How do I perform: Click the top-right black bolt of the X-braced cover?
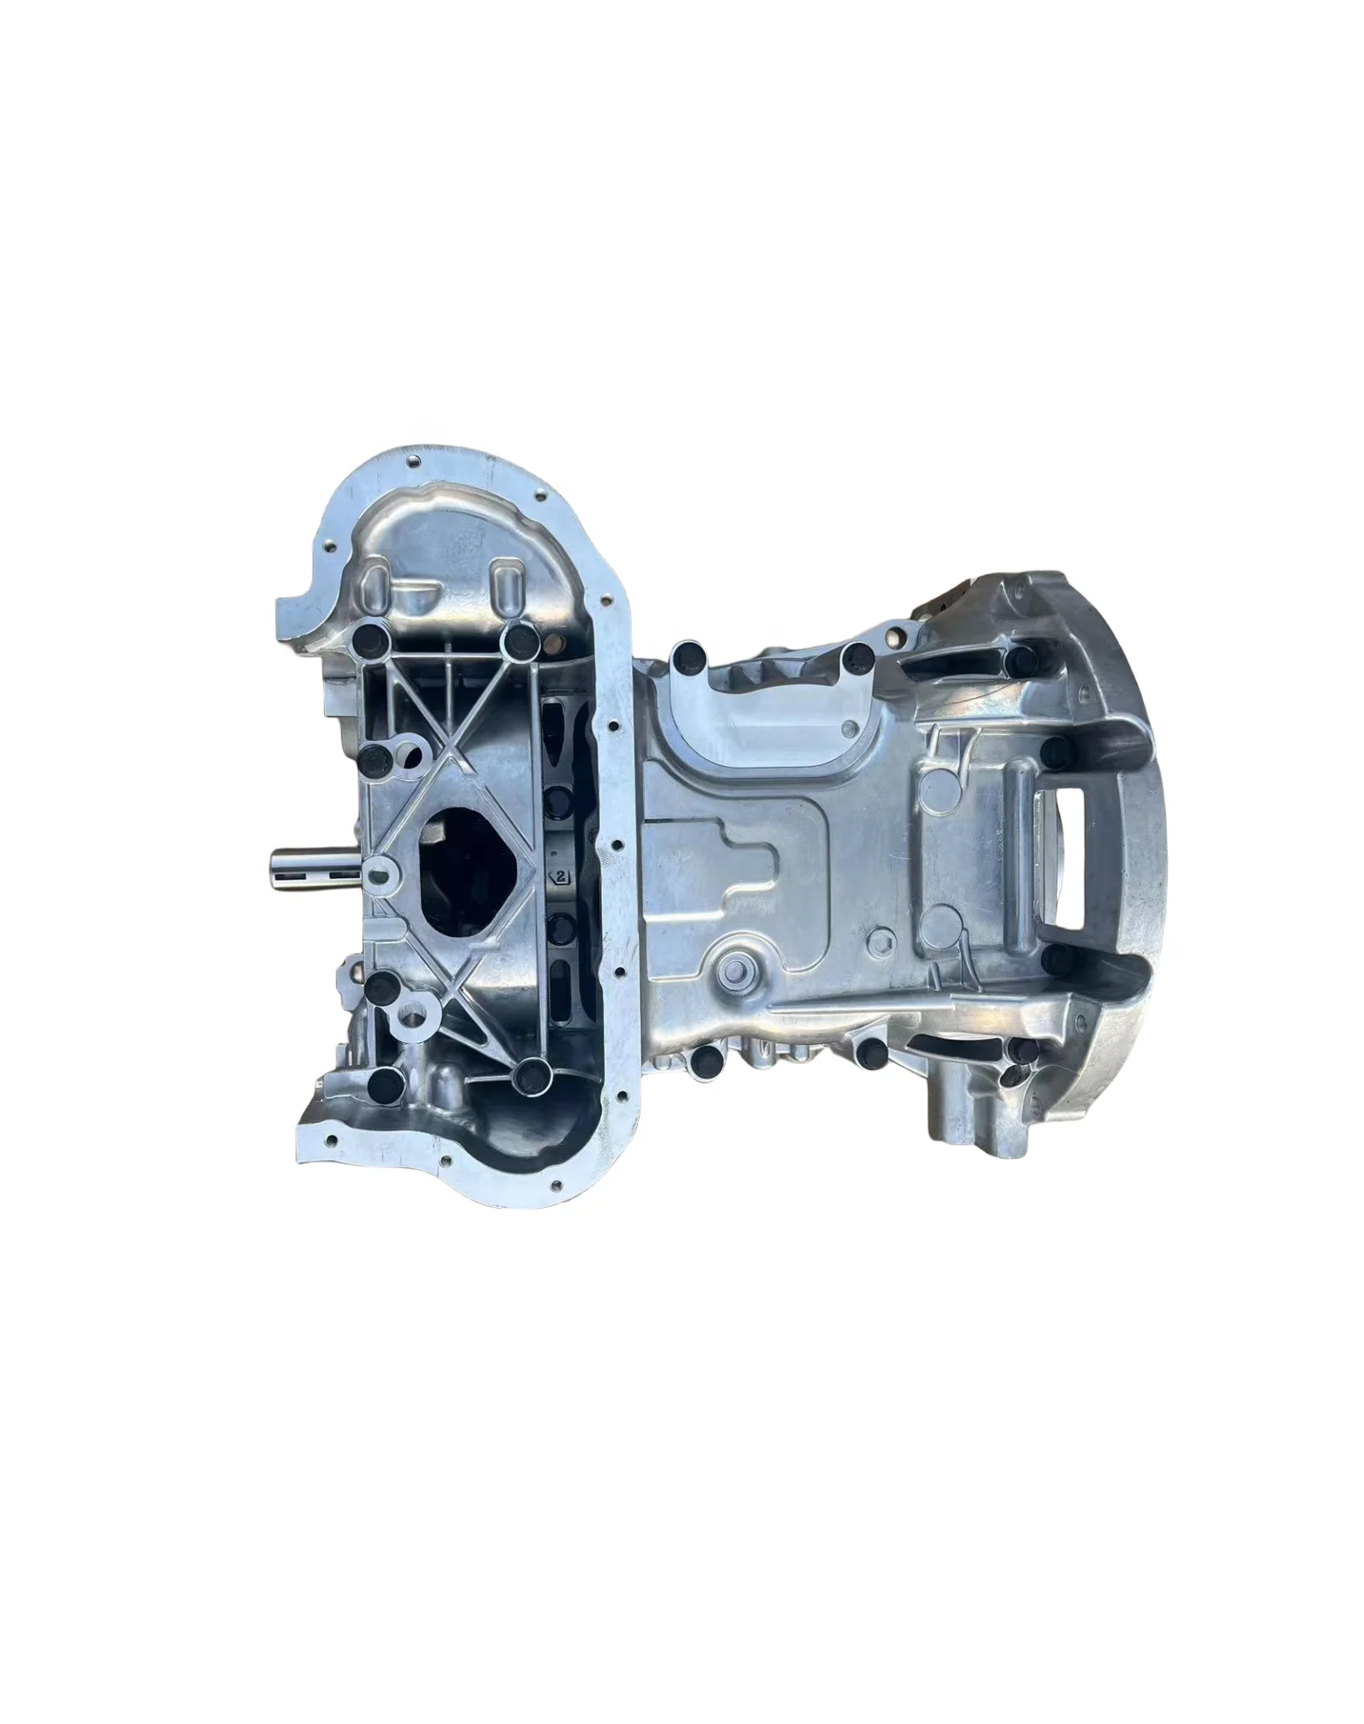(x=518, y=641)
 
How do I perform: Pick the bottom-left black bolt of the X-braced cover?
(x=383, y=1080)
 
